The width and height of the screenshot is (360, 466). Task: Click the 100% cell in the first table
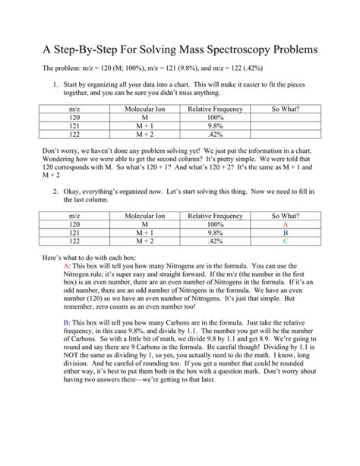pos(215,118)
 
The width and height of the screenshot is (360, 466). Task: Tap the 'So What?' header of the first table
pos(286,109)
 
